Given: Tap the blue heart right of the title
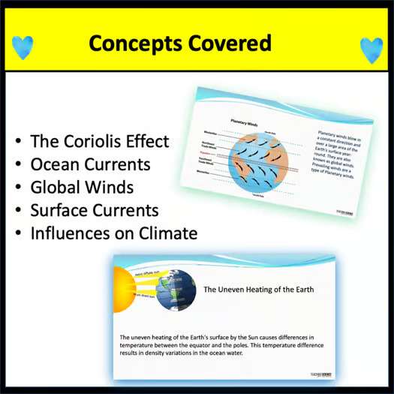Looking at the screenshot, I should (371, 50).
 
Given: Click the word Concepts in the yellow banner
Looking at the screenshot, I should (134, 44).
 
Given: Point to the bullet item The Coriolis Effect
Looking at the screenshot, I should (99, 141).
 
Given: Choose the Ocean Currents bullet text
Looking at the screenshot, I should (90, 164).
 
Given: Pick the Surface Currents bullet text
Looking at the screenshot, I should (95, 209).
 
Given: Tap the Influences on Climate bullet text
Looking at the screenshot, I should (113, 233).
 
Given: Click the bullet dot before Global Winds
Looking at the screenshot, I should (18, 187).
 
